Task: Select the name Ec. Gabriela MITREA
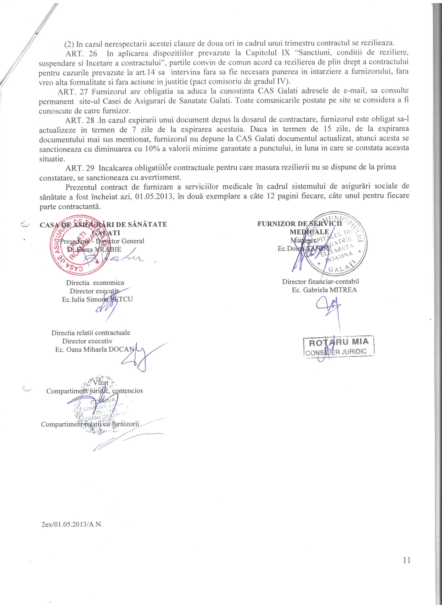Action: pos(324,290)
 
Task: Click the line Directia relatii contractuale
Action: pos(91,333)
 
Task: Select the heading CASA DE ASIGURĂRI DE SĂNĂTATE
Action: pos(103,224)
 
